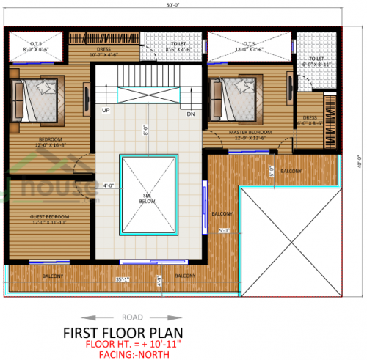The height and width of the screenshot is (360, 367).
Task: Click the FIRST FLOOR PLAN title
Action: [183, 331]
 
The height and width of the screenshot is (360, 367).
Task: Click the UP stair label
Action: [106, 111]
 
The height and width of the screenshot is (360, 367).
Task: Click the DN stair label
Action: [190, 114]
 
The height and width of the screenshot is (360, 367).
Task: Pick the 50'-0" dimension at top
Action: [173, 5]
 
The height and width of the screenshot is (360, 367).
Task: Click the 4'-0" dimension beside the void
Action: [109, 185]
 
